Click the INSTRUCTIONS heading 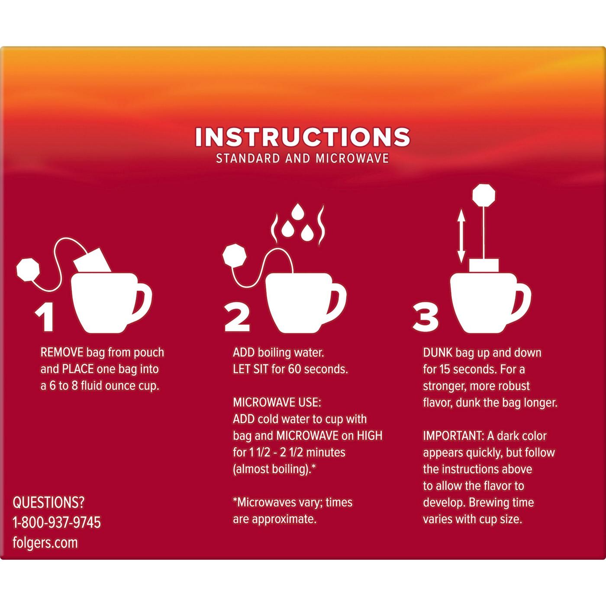(x=303, y=137)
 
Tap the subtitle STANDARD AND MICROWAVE (x=303, y=158)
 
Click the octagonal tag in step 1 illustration (x=28, y=269)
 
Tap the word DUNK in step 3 (x=438, y=352)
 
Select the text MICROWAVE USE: (x=277, y=402)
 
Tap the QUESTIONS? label (x=48, y=503)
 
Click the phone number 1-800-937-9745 (x=57, y=522)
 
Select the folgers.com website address (x=45, y=542)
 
